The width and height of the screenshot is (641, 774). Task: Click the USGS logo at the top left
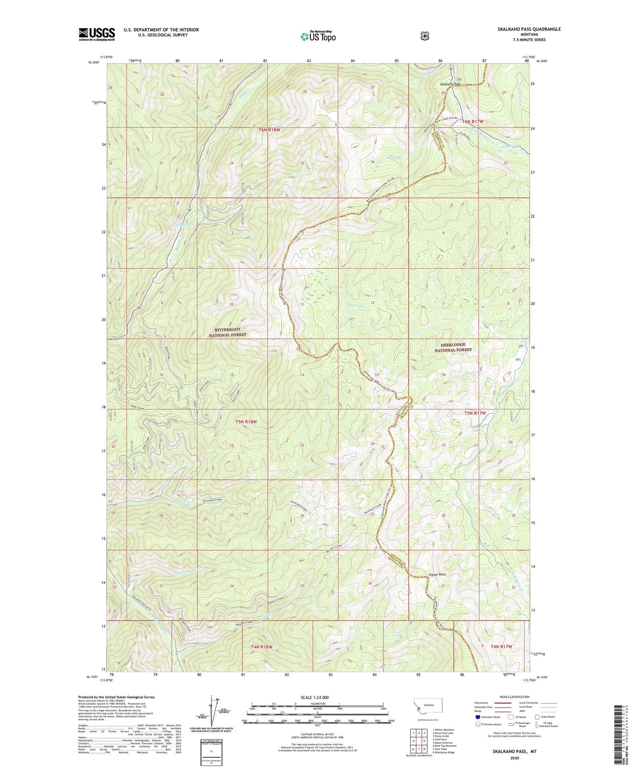pos(97,34)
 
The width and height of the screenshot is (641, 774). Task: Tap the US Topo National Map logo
pos(318,36)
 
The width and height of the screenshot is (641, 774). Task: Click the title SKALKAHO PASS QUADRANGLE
pos(529,29)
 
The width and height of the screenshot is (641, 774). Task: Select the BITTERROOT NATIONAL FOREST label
pos(228,332)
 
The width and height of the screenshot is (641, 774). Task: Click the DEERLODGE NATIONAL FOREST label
pos(452,347)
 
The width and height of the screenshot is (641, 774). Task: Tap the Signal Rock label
pos(437,575)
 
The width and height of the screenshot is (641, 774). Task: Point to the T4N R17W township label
pos(501,646)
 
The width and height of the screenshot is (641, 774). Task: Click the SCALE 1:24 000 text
pos(315,697)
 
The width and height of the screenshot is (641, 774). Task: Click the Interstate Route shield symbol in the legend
pos(477,716)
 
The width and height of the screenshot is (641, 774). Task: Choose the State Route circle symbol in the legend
pos(537,717)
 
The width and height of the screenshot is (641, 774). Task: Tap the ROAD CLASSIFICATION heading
pos(514,697)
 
